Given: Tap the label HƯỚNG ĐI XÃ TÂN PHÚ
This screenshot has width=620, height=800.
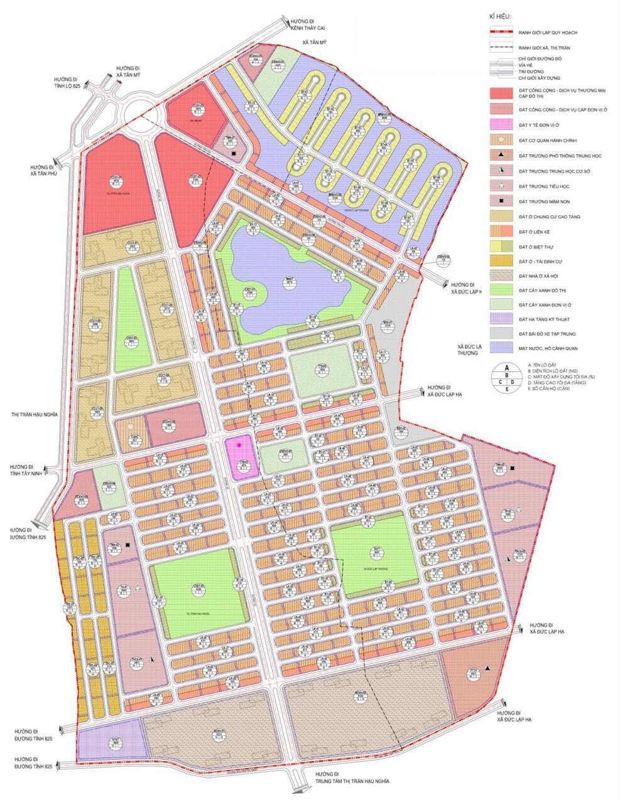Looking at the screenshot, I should [x=43, y=170].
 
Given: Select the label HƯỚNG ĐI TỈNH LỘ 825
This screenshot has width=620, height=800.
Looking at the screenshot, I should [x=67, y=82].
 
